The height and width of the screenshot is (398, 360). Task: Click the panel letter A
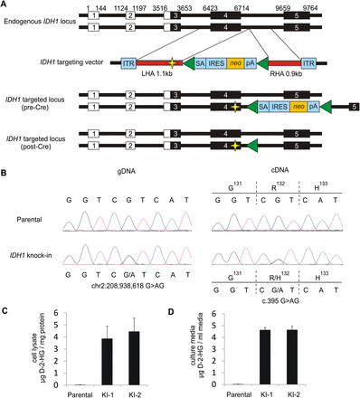tap(5, 5)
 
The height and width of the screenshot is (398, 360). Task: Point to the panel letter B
tap(5, 169)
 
